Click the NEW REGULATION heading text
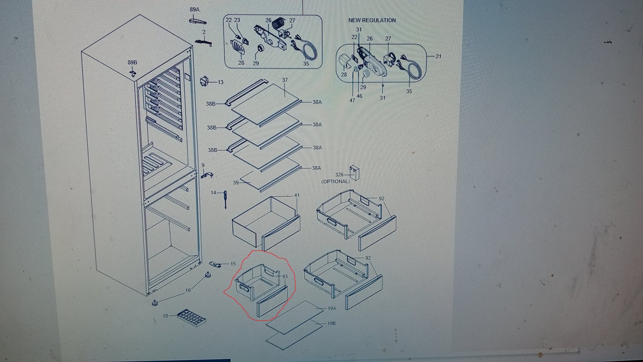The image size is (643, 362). pos(372,21)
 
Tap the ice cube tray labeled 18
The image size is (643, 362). pos(191,318)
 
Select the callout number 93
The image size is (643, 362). pos(285,276)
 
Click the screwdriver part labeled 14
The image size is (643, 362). pos(225,200)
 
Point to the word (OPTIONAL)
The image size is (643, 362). pos(335,181)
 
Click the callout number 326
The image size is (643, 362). pos(339,175)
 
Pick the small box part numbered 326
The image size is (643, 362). pos(355,173)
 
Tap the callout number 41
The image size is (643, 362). pos(297,195)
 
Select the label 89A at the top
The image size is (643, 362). pos(195,10)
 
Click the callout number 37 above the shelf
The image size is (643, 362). pos(285,80)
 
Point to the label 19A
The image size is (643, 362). pos(332,308)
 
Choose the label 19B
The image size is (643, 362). pos(332,323)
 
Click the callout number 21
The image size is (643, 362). pos(438,56)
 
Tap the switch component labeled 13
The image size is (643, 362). pos(204,82)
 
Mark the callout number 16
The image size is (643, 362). pos(188,290)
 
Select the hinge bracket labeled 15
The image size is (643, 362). pos(215,264)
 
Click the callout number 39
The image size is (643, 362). pos(235,183)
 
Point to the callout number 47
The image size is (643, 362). pos(352,100)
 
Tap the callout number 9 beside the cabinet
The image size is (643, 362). pos(203,165)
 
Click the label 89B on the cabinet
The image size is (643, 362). pos(132,62)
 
